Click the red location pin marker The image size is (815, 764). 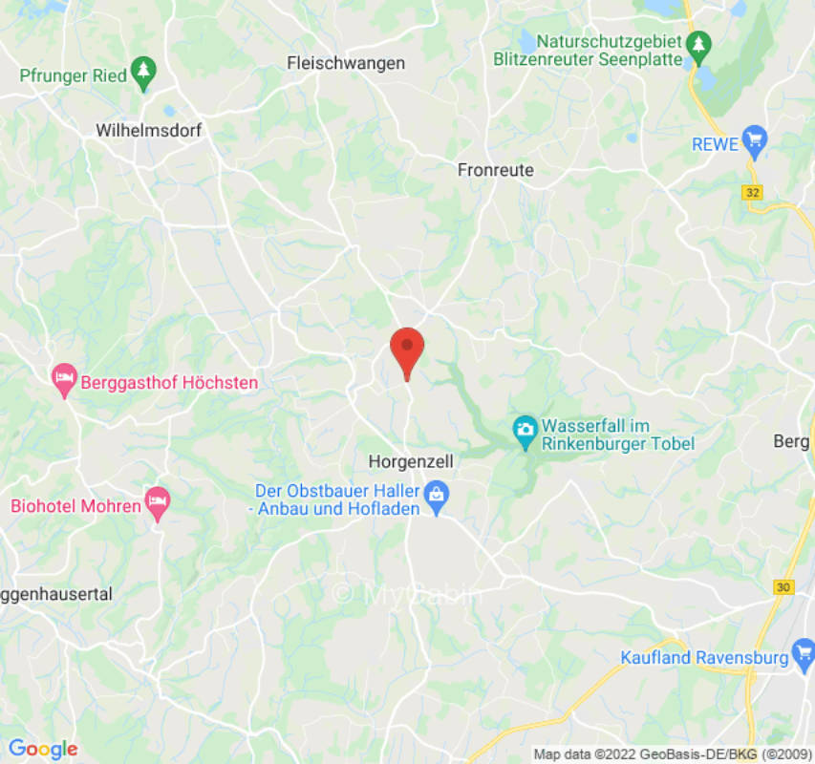[x=408, y=350]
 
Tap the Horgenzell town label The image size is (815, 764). [x=411, y=461]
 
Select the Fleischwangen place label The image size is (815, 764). [x=346, y=63]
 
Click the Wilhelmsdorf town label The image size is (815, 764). [x=149, y=131]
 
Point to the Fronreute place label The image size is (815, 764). [x=496, y=170]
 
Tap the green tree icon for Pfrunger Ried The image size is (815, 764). [x=143, y=74]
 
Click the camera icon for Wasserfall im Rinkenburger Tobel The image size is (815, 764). [x=525, y=431]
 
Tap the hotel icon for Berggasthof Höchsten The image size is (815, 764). [x=64, y=381]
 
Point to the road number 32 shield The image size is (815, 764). [x=753, y=192]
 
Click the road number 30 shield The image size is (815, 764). [x=784, y=587]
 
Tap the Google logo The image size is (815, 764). [x=42, y=749]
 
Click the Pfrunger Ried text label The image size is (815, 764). [x=73, y=75]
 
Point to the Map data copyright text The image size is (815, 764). [x=670, y=754]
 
